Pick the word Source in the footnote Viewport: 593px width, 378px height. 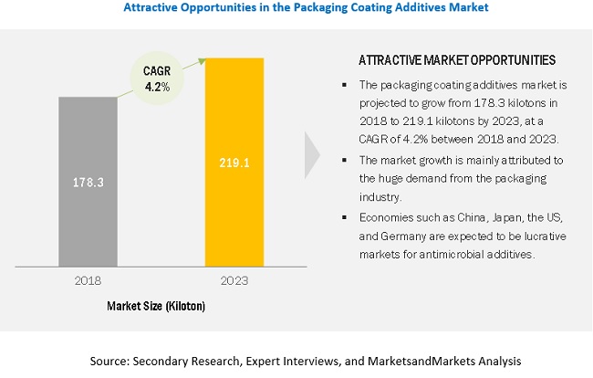(x=110, y=362)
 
